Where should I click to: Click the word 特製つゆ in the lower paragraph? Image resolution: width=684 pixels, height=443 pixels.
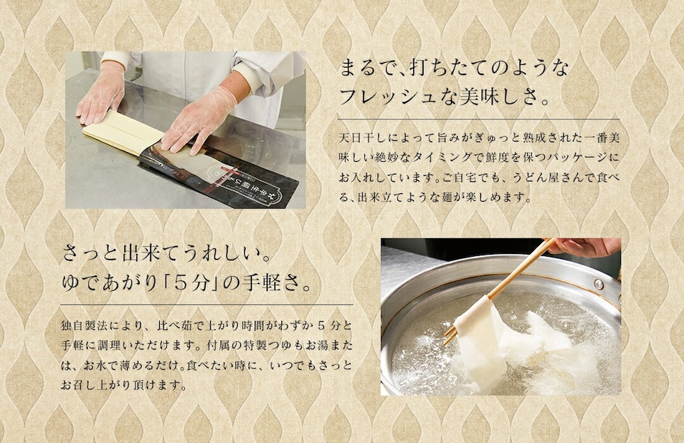258,345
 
